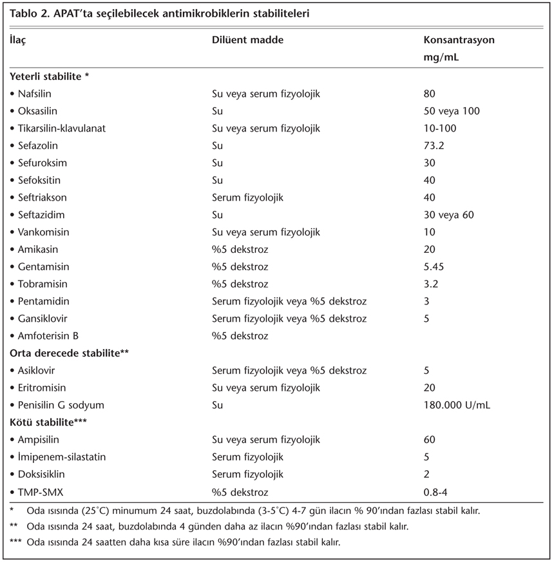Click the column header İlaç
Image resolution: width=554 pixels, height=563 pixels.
click(x=19, y=40)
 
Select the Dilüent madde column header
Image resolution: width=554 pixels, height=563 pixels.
click(x=247, y=40)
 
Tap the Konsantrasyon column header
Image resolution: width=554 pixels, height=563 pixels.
click(x=459, y=40)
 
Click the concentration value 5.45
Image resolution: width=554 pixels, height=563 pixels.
click(x=434, y=266)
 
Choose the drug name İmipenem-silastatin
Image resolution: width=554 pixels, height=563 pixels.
click(x=62, y=457)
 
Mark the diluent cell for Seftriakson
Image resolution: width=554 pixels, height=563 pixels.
click(x=247, y=197)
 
